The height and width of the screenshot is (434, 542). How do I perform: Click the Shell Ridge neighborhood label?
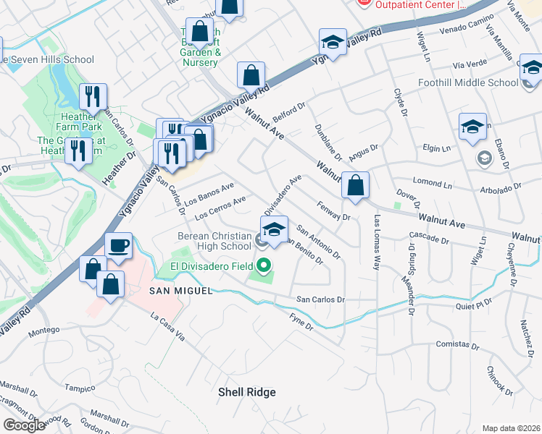tap(247, 392)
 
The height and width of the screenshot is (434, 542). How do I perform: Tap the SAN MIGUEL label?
tap(181, 290)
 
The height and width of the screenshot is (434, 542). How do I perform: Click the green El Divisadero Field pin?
tap(262, 265)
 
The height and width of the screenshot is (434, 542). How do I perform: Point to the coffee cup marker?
tap(118, 246)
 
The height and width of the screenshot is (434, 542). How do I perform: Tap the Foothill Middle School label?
tap(468, 82)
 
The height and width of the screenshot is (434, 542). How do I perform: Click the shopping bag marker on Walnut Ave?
tap(355, 185)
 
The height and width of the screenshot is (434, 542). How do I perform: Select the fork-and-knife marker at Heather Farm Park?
tap(93, 96)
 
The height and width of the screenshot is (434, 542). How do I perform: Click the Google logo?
tap(25, 425)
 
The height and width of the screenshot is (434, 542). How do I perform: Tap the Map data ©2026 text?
tap(512, 428)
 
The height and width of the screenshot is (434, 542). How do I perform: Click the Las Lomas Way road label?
tap(377, 242)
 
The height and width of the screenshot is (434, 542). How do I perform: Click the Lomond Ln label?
tap(432, 184)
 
